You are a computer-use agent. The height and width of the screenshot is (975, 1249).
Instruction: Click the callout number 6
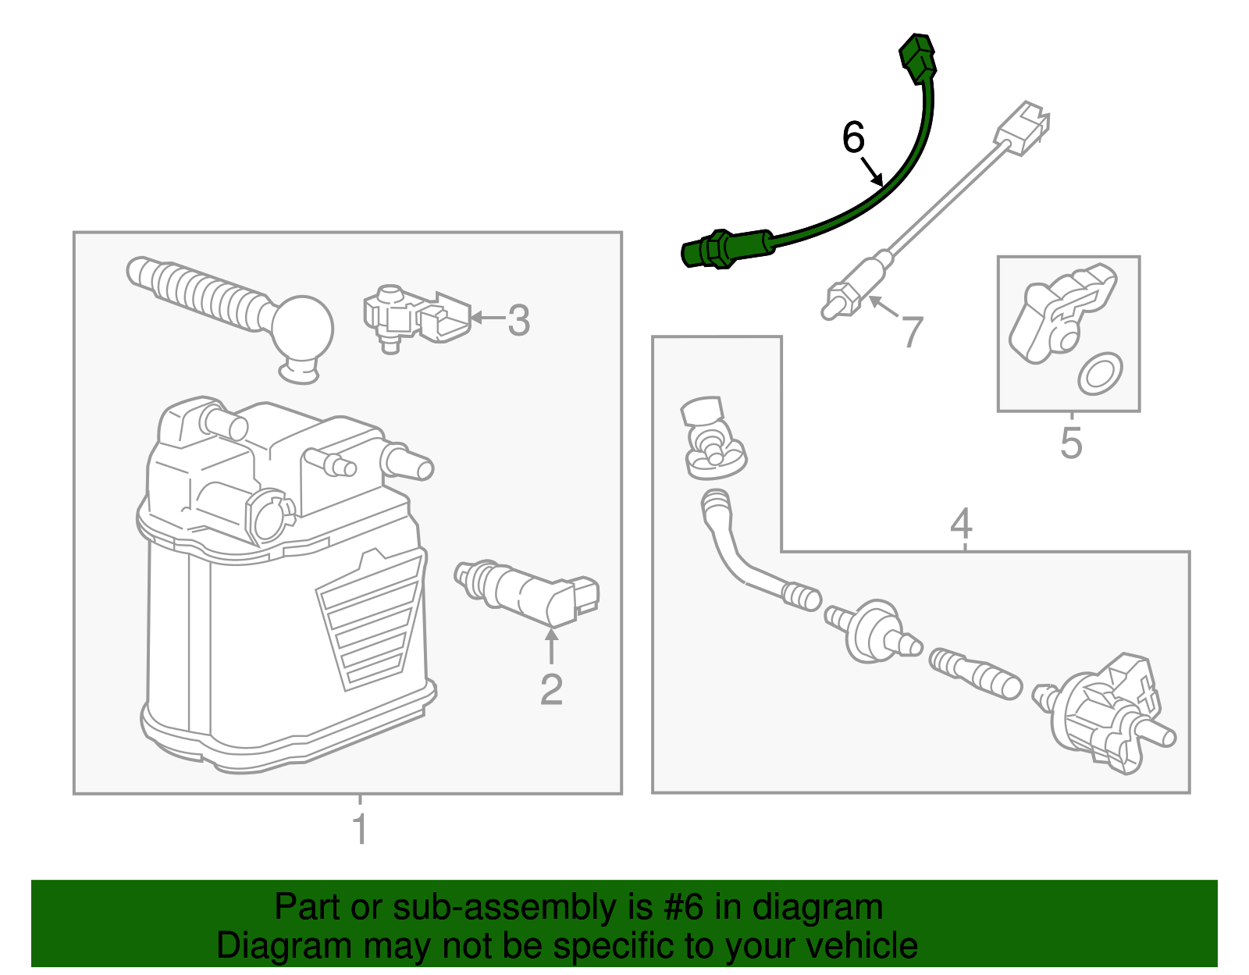click(x=853, y=138)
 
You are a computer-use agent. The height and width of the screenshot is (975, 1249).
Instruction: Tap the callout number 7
click(x=912, y=332)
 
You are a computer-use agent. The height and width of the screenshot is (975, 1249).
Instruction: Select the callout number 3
click(x=519, y=320)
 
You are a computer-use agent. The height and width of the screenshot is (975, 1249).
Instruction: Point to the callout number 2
click(x=551, y=689)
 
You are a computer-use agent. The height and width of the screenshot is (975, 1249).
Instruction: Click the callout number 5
click(x=1071, y=443)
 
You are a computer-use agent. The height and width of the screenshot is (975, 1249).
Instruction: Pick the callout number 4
click(x=961, y=523)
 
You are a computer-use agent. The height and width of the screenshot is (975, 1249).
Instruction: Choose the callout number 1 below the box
click(x=360, y=829)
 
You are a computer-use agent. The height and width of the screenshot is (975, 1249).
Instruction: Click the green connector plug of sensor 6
click(x=917, y=57)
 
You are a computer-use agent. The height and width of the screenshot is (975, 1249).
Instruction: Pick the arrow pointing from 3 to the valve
click(x=487, y=318)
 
